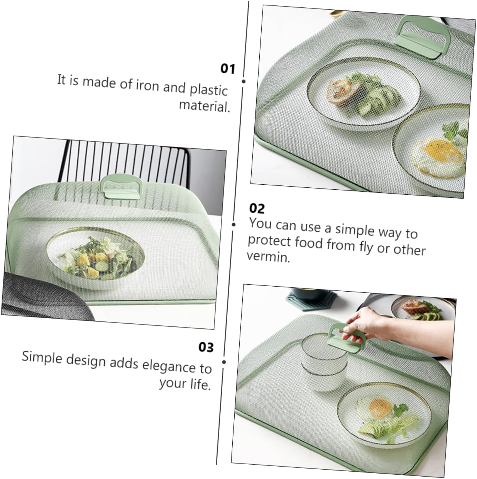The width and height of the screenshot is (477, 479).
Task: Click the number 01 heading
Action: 228,69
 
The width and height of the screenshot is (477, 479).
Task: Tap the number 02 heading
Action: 257,209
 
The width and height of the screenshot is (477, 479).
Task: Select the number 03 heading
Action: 206,347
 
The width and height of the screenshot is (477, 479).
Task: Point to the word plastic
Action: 208,90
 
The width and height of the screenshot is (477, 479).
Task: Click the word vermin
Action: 268,256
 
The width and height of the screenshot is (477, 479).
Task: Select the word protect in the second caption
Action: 269,241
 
